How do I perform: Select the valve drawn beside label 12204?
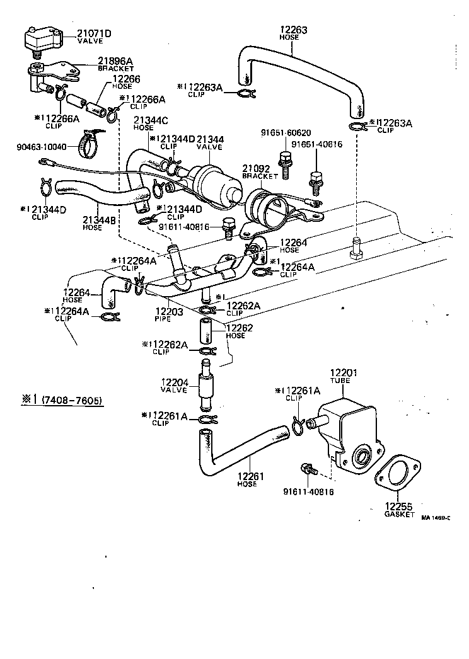tap(206, 388)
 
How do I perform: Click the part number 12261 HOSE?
tap(247, 479)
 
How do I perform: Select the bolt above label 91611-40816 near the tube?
tap(308, 469)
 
